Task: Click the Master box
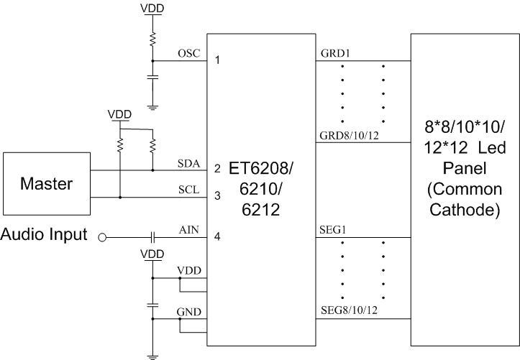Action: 46,183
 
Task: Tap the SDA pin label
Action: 188,164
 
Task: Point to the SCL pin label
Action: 188,190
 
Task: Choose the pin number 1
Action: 217,60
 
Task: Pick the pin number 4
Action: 217,236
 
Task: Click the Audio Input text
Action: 44,235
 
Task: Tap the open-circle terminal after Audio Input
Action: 102,236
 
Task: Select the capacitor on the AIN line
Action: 152,236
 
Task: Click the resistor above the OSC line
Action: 152,40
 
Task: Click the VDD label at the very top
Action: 152,8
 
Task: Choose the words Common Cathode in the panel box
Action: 464,202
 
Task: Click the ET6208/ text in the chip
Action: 261,170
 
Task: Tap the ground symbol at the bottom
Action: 152,354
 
